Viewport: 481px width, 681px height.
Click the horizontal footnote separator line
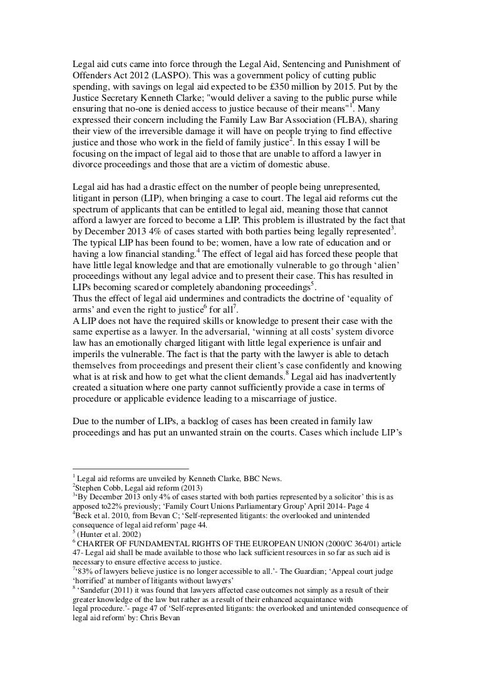(x=131, y=469)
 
